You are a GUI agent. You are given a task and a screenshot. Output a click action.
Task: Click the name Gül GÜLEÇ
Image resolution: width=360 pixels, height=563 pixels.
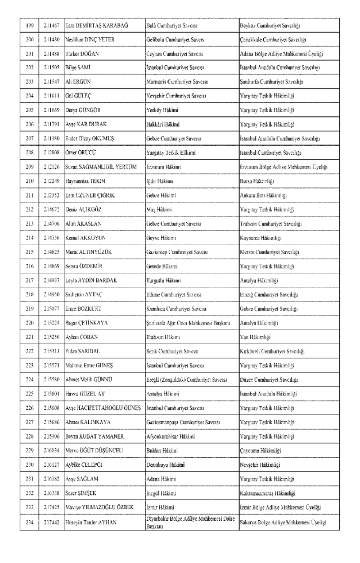pos(78,96)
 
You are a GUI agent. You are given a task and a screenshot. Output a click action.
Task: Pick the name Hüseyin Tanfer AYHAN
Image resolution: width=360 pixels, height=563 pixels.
pos(93,523)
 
